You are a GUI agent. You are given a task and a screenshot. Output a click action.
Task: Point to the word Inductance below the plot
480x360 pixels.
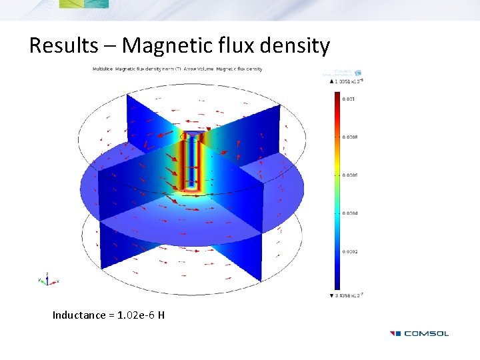79,315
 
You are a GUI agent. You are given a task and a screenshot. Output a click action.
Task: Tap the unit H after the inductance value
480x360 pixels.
161,315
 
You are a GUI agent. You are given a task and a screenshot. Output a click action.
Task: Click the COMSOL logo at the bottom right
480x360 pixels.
419,333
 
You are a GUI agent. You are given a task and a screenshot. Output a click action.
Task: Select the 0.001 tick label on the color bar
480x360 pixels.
349,99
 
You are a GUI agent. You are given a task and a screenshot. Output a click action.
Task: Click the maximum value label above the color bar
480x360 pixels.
347,81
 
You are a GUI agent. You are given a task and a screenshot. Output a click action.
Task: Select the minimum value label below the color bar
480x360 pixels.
347,295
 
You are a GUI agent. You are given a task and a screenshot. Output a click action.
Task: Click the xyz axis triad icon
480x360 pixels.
47,279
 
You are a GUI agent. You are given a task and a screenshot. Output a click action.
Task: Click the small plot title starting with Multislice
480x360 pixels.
177,69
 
